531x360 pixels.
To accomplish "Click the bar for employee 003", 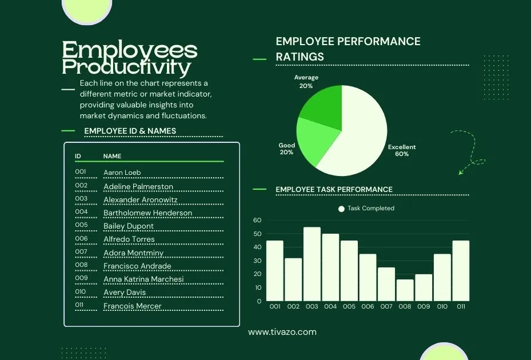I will [x=312, y=264].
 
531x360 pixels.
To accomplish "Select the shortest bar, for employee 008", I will [x=405, y=290].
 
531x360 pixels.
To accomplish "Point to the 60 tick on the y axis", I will [x=257, y=221].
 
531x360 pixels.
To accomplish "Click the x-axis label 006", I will [x=368, y=307].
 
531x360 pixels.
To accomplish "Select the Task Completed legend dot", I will [x=342, y=209].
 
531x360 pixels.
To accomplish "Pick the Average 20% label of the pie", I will [x=306, y=82].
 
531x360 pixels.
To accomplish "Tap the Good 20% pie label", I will [x=286, y=149].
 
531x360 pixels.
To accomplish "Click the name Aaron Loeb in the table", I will [x=122, y=173].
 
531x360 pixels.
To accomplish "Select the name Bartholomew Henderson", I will [x=147, y=213].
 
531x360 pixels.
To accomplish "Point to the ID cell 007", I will [x=81, y=252].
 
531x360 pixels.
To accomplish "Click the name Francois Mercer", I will [x=132, y=306].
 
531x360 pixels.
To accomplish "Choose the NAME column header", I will [x=112, y=156].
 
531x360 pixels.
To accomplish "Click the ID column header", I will [x=78, y=156].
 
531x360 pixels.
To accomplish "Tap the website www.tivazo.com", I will [x=282, y=332].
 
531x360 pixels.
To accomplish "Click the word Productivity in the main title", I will [x=126, y=67].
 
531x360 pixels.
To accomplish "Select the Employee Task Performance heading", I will [x=334, y=190].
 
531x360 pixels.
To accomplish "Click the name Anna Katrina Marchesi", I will [x=143, y=279].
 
